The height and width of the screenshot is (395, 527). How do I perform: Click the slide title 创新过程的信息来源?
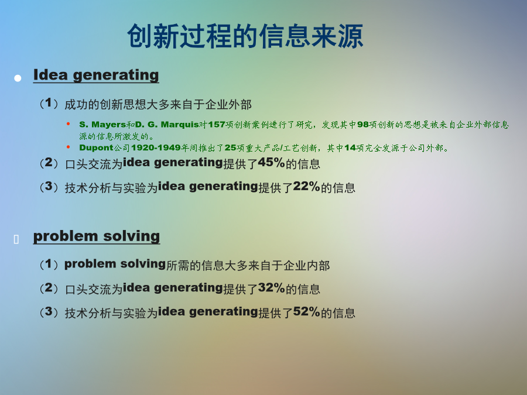(245, 36)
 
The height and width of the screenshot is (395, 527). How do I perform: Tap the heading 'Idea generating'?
(96, 75)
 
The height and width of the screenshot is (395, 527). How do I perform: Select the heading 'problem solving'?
(97, 236)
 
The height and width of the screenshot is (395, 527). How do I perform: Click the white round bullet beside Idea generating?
(18, 78)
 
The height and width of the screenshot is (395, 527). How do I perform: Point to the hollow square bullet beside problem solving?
(16, 239)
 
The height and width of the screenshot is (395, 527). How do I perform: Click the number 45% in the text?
(271, 163)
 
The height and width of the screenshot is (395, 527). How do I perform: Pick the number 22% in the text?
(306, 186)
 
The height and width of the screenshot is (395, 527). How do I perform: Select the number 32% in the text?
(271, 288)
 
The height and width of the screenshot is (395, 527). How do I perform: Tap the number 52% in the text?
(306, 311)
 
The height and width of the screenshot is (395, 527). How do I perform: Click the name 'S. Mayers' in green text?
(102, 125)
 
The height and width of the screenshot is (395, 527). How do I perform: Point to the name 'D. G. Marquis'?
(167, 125)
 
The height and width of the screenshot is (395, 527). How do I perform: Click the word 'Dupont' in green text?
(96, 148)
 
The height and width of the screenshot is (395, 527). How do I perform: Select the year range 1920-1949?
(156, 148)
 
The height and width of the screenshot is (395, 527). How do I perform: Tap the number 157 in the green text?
(217, 125)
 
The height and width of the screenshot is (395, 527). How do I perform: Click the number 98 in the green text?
(363, 125)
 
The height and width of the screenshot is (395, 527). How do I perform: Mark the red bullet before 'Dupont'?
(69, 147)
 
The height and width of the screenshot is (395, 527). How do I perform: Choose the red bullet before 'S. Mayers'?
(69, 124)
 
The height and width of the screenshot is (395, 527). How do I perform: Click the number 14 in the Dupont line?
(350, 148)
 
